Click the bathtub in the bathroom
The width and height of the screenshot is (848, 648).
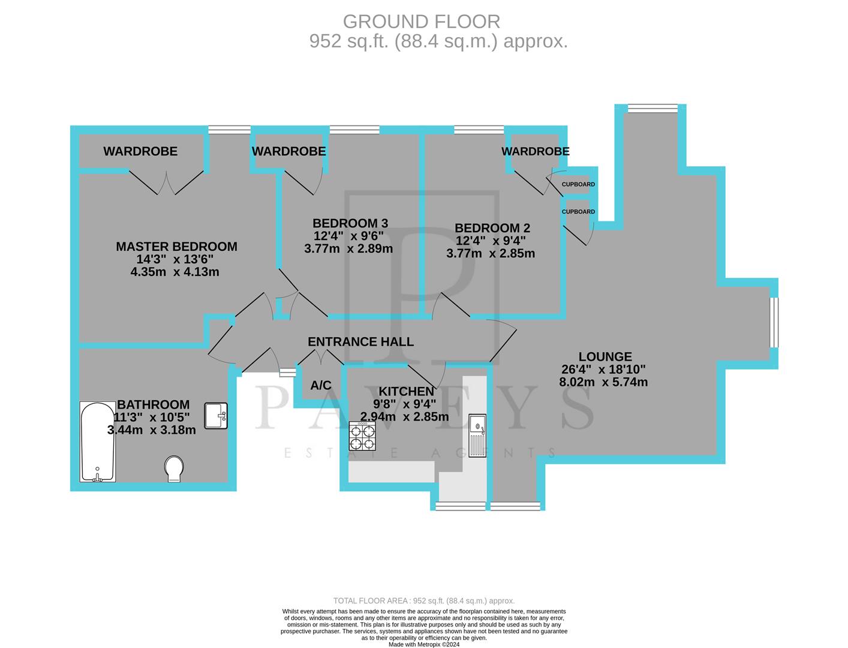98,442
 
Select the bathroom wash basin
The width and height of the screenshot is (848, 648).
216,416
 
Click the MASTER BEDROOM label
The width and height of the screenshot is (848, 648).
176,247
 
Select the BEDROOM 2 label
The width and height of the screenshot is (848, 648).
492,228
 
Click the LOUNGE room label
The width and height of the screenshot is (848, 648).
605,357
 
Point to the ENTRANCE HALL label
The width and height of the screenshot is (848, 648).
360,342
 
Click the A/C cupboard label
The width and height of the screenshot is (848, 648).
321,386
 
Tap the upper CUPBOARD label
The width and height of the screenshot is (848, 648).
578,184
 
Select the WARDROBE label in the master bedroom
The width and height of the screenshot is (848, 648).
140,151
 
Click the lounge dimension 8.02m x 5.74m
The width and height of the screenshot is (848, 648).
603,382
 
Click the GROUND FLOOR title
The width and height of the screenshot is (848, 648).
421,22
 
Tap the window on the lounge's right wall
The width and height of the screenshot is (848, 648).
774,322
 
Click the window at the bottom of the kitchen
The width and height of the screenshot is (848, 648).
460,506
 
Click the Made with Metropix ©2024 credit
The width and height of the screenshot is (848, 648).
423,644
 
